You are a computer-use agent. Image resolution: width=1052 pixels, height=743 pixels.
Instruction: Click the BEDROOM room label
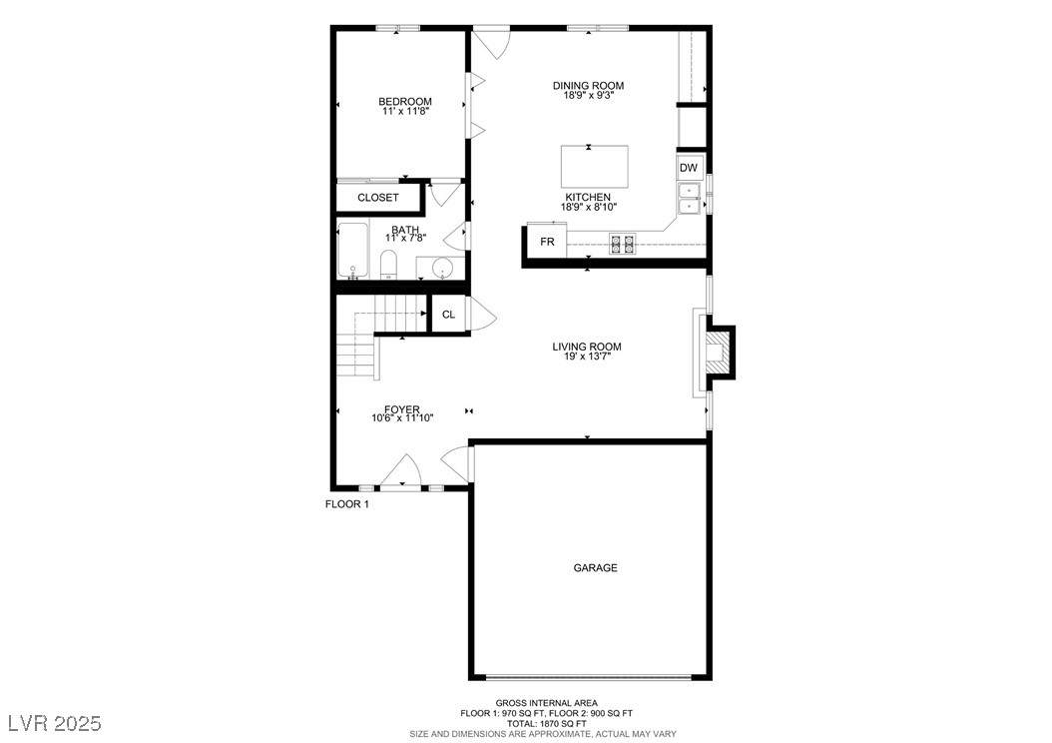pyautogui.click(x=404, y=101)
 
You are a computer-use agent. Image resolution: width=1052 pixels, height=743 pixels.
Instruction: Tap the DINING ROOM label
pyautogui.click(x=588, y=86)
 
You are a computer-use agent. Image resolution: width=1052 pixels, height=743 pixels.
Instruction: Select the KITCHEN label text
pyautogui.click(x=588, y=198)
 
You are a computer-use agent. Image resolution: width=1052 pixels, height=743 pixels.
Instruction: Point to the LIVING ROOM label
pyautogui.click(x=587, y=348)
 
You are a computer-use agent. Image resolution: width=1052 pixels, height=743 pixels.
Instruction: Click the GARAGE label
pyautogui.click(x=595, y=568)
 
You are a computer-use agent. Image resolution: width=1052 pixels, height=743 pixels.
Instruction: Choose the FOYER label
pyautogui.click(x=402, y=409)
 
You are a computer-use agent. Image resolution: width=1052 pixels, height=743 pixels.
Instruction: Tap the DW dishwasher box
pyautogui.click(x=690, y=168)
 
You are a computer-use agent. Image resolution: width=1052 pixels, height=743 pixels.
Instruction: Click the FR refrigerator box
pyautogui.click(x=547, y=242)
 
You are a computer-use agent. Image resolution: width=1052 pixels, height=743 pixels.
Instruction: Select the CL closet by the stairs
pyautogui.click(x=449, y=315)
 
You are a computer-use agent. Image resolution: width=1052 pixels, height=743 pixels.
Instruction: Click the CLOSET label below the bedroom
pyautogui.click(x=378, y=198)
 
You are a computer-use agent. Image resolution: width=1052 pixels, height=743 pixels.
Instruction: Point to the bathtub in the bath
pyautogui.click(x=352, y=251)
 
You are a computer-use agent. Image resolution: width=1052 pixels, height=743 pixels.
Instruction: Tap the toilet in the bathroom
pyautogui.click(x=389, y=266)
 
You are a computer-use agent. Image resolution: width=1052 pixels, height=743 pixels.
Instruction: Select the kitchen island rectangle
pyautogui.click(x=595, y=167)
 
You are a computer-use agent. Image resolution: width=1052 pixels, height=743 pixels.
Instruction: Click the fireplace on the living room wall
pyautogui.click(x=717, y=352)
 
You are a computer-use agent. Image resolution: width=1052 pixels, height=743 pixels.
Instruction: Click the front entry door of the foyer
pyautogui.click(x=401, y=473)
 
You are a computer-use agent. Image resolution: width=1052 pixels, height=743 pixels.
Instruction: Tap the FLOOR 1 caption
pyautogui.click(x=347, y=504)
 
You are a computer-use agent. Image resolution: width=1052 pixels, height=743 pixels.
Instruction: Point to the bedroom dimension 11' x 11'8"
pyautogui.click(x=404, y=112)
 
